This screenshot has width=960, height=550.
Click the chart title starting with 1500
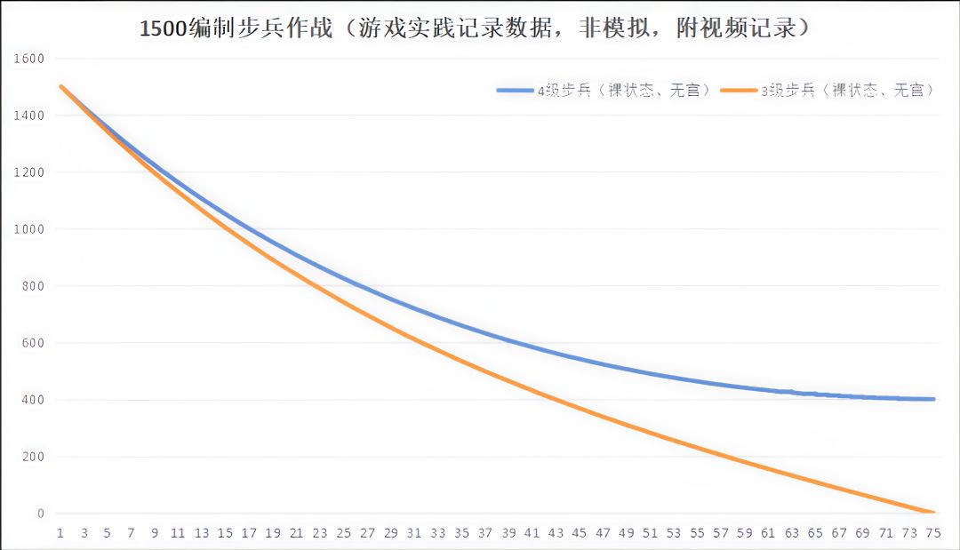[476, 28]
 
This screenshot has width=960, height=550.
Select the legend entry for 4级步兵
[604, 90]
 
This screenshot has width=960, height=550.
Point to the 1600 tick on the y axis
[28, 59]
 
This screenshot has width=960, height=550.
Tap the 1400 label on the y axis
[28, 116]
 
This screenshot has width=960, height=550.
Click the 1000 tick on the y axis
[28, 229]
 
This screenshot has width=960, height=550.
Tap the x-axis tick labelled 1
[60, 533]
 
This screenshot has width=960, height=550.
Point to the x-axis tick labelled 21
[296, 533]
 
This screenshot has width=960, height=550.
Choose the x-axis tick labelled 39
[508, 533]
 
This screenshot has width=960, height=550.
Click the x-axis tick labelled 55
[697, 533]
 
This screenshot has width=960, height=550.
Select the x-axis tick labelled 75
[932, 533]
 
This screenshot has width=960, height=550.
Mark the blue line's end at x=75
[932, 399]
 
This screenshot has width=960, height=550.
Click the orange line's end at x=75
[932, 513]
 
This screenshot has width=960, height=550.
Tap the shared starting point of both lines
[60, 86]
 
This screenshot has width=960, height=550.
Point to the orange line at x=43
[556, 400]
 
